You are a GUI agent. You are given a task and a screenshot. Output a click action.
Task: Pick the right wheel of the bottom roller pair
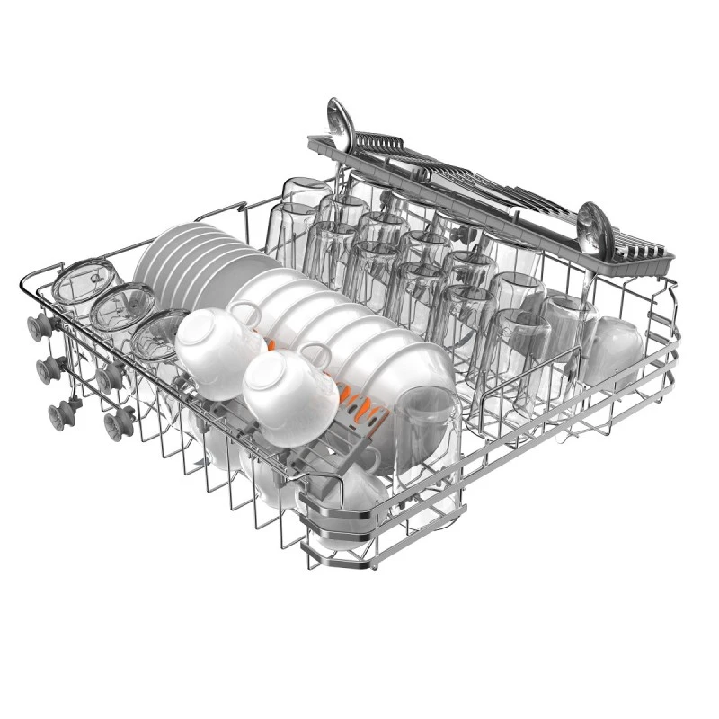coord(116,422)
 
